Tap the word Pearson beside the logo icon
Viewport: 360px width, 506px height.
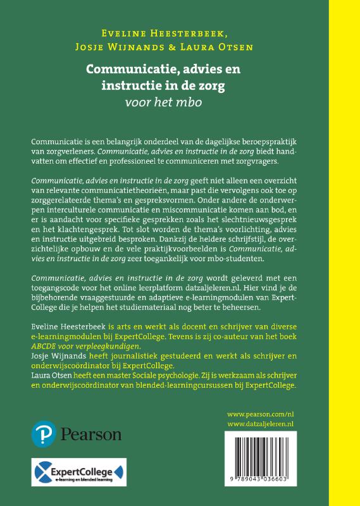pos(90,435)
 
